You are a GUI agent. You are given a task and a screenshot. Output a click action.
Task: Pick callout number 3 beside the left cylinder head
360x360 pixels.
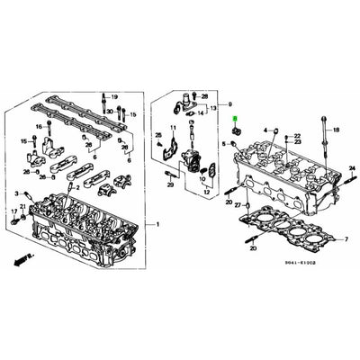click(x=15, y=193)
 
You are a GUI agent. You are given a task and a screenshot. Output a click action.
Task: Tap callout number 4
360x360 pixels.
click(x=266, y=130)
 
